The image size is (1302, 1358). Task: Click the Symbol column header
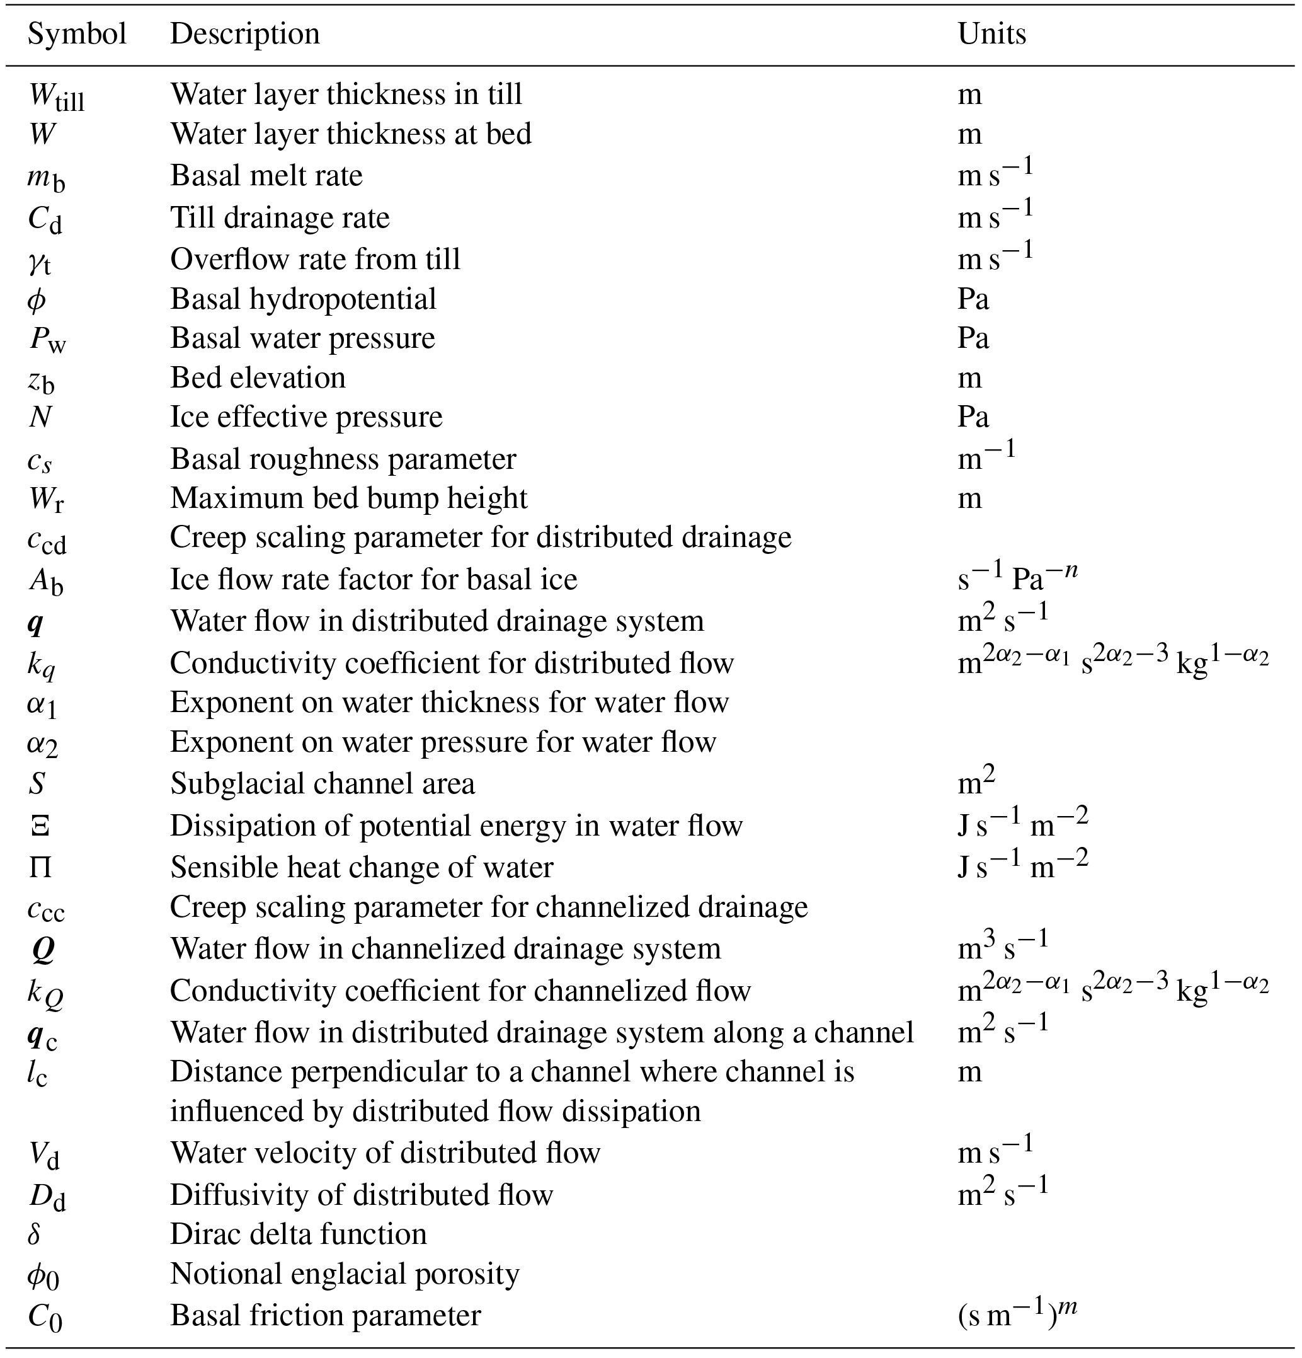[x=77, y=34]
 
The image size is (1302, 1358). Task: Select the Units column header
[x=991, y=34]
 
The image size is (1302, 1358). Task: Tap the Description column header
[x=244, y=34]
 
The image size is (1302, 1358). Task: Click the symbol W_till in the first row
[x=56, y=96]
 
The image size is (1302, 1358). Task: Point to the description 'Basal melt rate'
[x=266, y=175]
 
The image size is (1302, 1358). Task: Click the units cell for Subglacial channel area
[x=976, y=782]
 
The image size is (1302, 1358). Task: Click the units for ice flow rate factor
[x=1017, y=577]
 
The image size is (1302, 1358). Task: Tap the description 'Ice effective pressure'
[x=306, y=417]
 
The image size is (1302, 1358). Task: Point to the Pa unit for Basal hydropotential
[x=973, y=299]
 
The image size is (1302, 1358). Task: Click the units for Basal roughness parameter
[x=986, y=457]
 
